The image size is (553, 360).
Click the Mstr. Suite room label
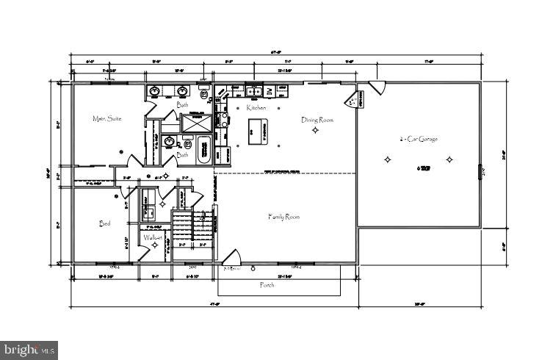tap(106, 118)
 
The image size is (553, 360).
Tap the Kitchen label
tap(256, 108)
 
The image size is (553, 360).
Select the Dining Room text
tap(317, 119)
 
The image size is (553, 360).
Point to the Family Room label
tap(283, 216)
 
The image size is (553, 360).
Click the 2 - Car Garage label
tap(419, 137)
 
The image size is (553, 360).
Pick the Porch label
tap(267, 284)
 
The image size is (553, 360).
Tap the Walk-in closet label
tap(153, 237)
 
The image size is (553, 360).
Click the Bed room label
tap(105, 223)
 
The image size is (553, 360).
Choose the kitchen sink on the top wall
tap(253, 90)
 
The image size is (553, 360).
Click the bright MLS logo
tap(29, 350)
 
